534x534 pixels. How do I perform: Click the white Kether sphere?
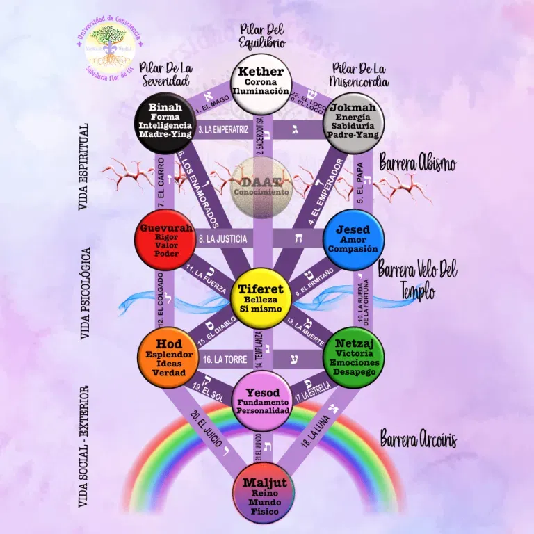(x=260, y=86)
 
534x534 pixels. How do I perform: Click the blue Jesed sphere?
(x=353, y=239)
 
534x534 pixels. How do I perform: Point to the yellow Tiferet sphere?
(x=259, y=299)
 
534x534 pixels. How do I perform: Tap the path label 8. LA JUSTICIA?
(x=222, y=239)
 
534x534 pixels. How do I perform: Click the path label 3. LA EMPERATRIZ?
(x=223, y=129)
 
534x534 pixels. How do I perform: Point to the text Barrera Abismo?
(x=418, y=163)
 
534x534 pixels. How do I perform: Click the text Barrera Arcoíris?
(x=418, y=439)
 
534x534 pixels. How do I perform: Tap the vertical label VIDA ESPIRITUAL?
(x=84, y=166)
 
